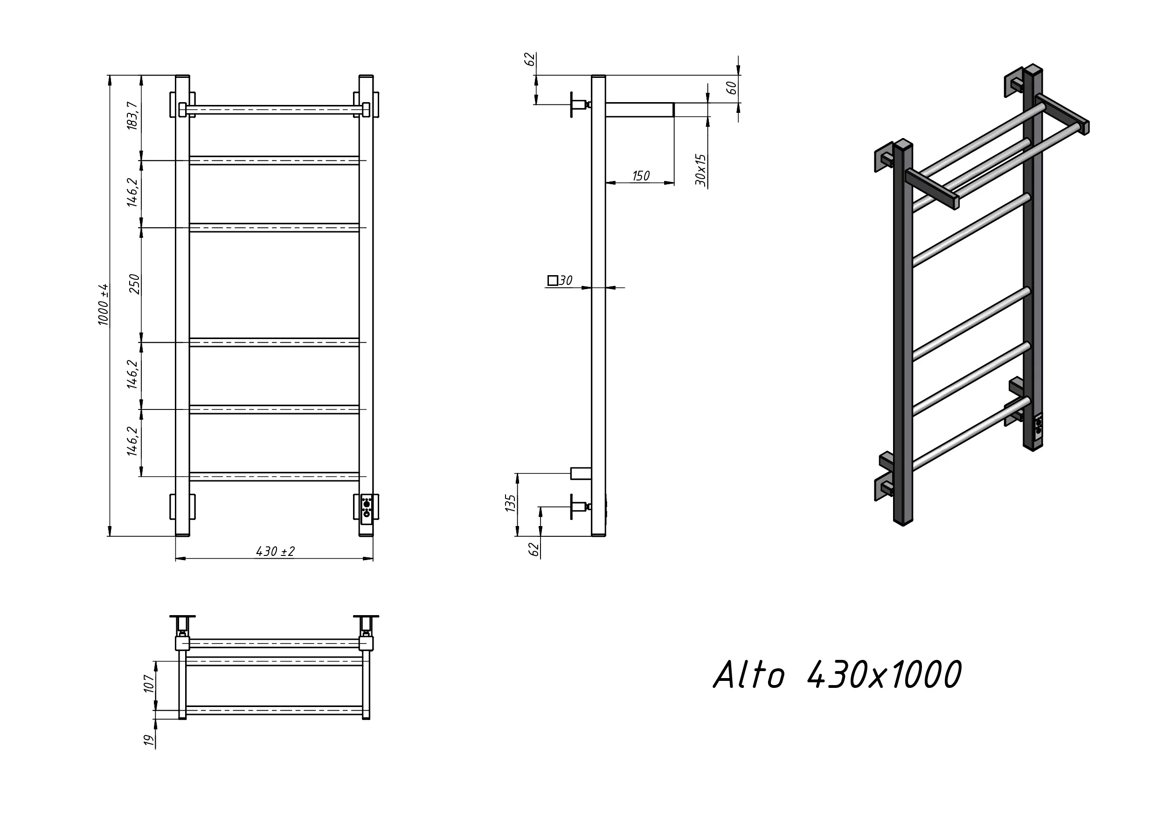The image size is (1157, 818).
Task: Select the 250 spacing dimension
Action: tap(134, 284)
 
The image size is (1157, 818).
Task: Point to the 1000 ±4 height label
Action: tap(104, 305)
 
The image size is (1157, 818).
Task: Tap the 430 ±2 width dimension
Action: tap(275, 551)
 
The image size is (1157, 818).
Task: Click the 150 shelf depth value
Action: tap(640, 176)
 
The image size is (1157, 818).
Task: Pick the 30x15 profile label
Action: tap(701, 170)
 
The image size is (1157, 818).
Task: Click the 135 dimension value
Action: tap(510, 503)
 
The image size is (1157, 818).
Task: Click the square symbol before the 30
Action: tap(553, 280)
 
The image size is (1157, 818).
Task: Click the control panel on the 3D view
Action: tap(1038, 426)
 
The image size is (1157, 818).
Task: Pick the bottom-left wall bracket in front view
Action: tap(182, 506)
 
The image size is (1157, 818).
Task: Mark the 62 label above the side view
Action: tap(530, 59)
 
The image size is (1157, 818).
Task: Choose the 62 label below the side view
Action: tap(534, 549)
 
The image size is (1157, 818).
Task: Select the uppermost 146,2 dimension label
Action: tap(132, 192)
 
